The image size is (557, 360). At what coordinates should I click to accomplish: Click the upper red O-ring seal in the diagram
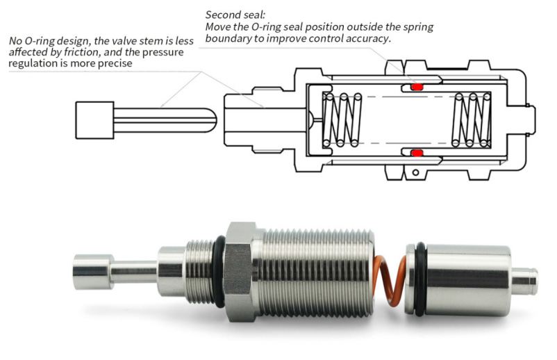tap(417, 87)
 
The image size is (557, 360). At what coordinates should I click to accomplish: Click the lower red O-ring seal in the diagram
tap(417, 152)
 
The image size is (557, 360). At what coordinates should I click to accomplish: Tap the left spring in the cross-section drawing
tap(344, 120)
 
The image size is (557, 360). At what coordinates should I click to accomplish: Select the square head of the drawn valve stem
tap(93, 119)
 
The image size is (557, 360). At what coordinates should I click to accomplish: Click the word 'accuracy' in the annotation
tap(367, 39)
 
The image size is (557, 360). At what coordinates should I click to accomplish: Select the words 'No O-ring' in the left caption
tap(34, 41)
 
